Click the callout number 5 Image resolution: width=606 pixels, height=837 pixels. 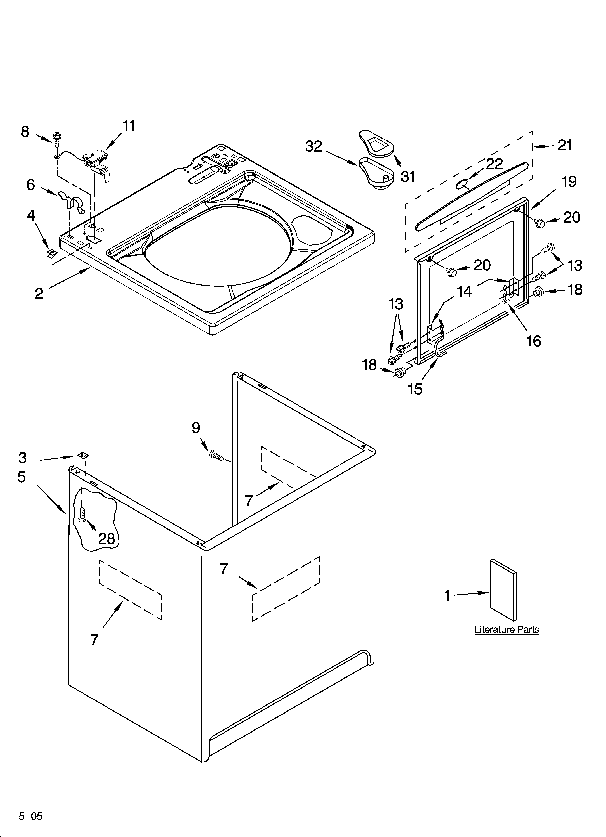coord(21,477)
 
